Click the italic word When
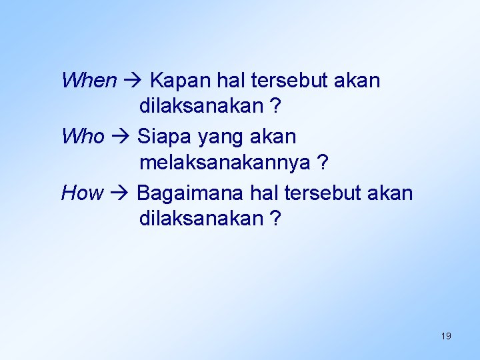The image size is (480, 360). tap(88, 81)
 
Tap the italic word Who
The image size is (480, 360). tap(83, 137)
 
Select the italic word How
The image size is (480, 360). tap(82, 193)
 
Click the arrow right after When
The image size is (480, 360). tap(132, 81)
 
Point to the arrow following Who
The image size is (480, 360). tap(120, 137)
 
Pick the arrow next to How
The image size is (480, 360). tap(120, 194)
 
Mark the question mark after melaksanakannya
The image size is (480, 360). tap(323, 162)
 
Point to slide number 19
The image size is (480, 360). tap(446, 336)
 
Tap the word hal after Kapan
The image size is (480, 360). tap(231, 81)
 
